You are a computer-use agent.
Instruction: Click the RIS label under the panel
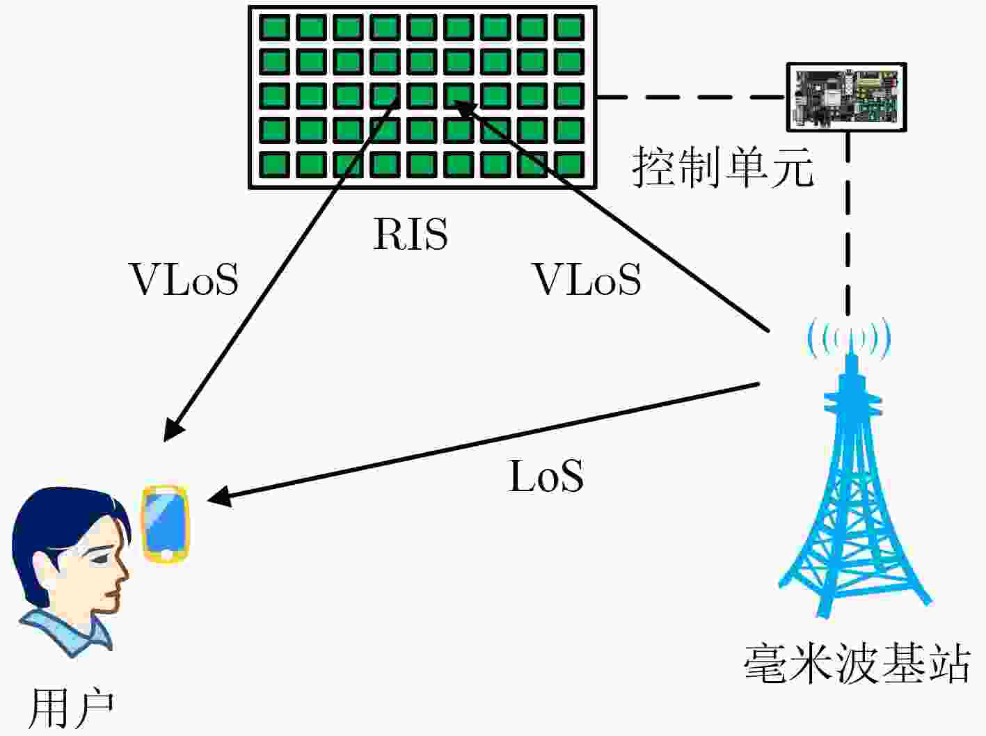pos(411,234)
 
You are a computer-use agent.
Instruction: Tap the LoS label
pos(546,476)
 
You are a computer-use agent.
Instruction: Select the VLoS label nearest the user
pos(183,280)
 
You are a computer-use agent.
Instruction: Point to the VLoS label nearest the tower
pos(586,280)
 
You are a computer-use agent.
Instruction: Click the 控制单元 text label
pos(723,167)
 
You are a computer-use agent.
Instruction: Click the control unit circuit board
pos(847,97)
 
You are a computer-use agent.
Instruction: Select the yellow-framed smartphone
pos(166,524)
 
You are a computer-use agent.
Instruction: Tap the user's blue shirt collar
pos(67,632)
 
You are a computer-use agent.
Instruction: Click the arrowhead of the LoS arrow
pos(220,498)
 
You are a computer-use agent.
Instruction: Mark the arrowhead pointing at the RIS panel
pos(464,109)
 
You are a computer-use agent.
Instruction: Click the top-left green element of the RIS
pos(274,27)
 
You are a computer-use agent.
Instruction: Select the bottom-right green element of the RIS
pos(569,165)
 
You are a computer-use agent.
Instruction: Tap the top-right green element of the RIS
pos(569,27)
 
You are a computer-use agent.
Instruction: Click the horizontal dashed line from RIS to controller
pos(692,97)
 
